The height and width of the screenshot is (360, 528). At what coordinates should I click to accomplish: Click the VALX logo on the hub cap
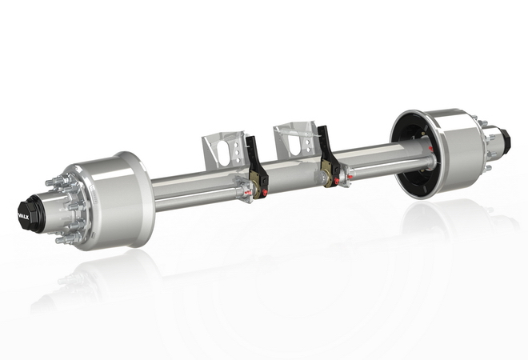click(23, 217)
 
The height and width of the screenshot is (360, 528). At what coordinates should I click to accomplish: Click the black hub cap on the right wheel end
click(504, 138)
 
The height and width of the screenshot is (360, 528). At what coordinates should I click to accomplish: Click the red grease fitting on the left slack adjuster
click(265, 192)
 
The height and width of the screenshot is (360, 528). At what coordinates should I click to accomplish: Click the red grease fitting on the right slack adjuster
click(336, 181)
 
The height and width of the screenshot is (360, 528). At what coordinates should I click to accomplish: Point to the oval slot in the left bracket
click(223, 150)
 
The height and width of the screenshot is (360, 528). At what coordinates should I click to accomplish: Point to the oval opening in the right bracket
click(294, 142)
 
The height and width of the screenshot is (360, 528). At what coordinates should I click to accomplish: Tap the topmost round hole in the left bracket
click(237, 144)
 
